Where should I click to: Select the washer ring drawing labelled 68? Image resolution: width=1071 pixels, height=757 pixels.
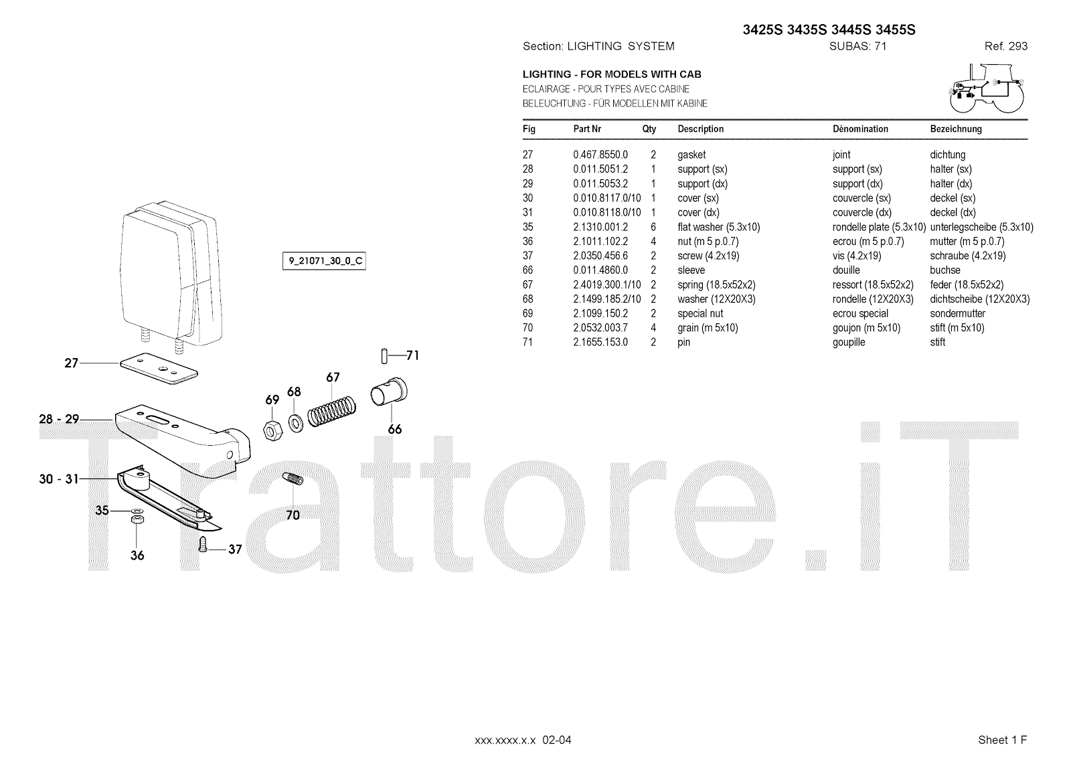(295, 422)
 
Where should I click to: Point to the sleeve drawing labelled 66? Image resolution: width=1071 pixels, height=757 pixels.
(389, 392)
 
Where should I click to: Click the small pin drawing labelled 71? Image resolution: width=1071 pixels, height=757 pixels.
(384, 356)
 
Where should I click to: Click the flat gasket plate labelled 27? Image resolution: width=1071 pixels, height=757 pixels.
(159, 368)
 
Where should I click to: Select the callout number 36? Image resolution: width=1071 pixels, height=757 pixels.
(137, 556)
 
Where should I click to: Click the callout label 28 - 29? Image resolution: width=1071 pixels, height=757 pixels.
(59, 419)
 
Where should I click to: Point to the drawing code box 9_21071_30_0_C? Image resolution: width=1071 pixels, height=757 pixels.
(325, 260)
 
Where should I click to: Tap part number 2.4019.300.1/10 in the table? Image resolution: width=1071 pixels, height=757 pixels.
(606, 284)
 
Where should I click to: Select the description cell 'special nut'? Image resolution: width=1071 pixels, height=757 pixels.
(700, 313)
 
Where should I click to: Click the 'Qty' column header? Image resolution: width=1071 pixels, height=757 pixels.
(649, 129)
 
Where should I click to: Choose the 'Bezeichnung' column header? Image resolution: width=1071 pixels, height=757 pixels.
(956, 129)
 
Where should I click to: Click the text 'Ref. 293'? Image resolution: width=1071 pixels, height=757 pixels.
(1005, 46)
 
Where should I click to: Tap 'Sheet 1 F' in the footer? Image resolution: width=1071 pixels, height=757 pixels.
(1002, 740)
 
